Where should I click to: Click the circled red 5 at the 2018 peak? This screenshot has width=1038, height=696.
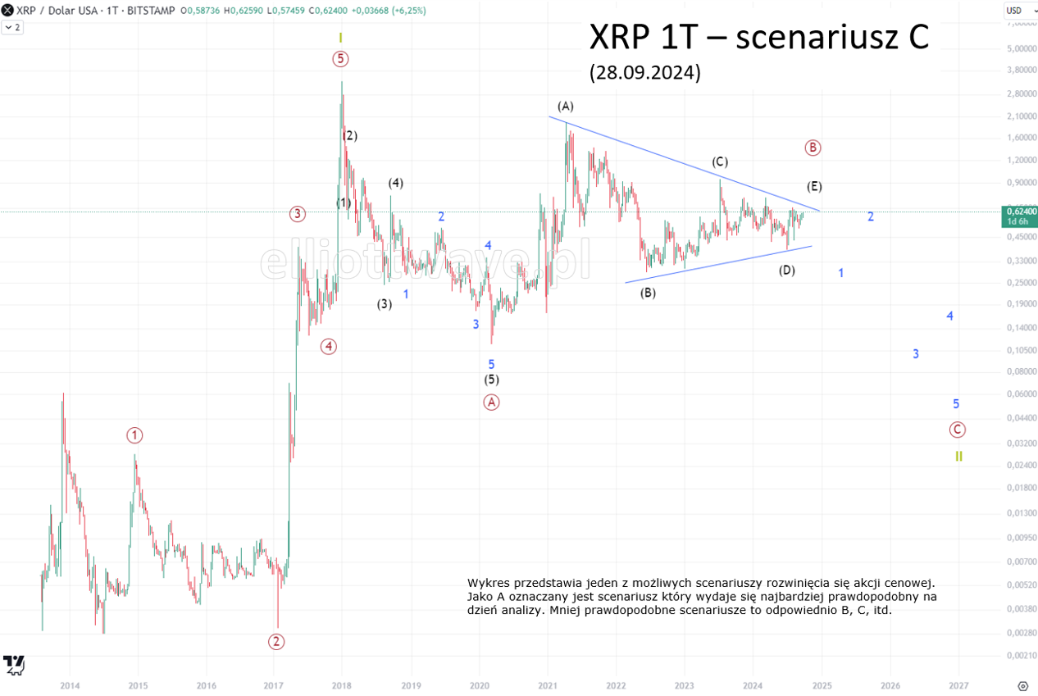pos(340,58)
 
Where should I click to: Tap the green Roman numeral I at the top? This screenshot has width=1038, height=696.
pos(340,38)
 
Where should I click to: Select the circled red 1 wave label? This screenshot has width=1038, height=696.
pos(134,434)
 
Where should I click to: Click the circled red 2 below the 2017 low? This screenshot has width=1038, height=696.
pos(276,641)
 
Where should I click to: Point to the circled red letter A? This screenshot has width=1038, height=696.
pos(491,402)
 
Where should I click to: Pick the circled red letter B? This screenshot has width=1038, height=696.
pos(813,148)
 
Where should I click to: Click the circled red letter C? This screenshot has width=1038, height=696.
pos(957,429)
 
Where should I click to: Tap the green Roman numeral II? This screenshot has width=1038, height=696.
pos(958,457)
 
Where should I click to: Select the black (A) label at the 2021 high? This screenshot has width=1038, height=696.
pos(566,106)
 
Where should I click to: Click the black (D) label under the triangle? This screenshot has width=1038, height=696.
pos(786,270)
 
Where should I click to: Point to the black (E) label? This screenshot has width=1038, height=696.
pos(814,186)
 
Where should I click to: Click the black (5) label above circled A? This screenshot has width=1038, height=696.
pos(491,380)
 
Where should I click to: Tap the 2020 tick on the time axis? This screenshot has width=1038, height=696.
pos(480,685)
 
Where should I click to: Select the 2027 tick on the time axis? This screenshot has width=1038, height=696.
pos(958,685)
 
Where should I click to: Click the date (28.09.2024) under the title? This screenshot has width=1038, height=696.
pos(644,73)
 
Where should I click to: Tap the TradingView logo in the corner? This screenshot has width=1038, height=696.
pos(13,663)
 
